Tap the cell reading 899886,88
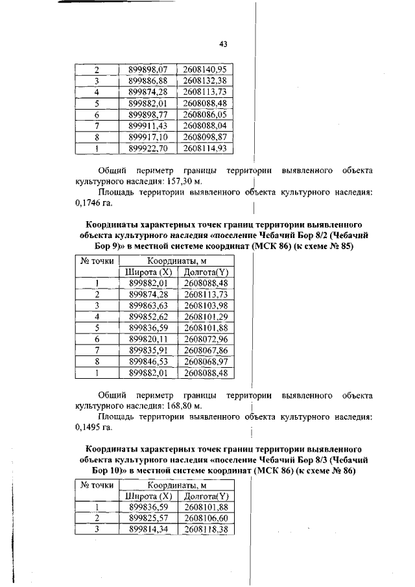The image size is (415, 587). click(148, 81)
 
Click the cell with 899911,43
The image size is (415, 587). click(148, 126)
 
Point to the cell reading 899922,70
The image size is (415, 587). click(148, 149)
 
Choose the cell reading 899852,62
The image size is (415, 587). click(148, 317)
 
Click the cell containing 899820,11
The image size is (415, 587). click(148, 339)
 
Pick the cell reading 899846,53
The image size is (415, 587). click(148, 361)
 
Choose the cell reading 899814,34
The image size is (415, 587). click(148, 529)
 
